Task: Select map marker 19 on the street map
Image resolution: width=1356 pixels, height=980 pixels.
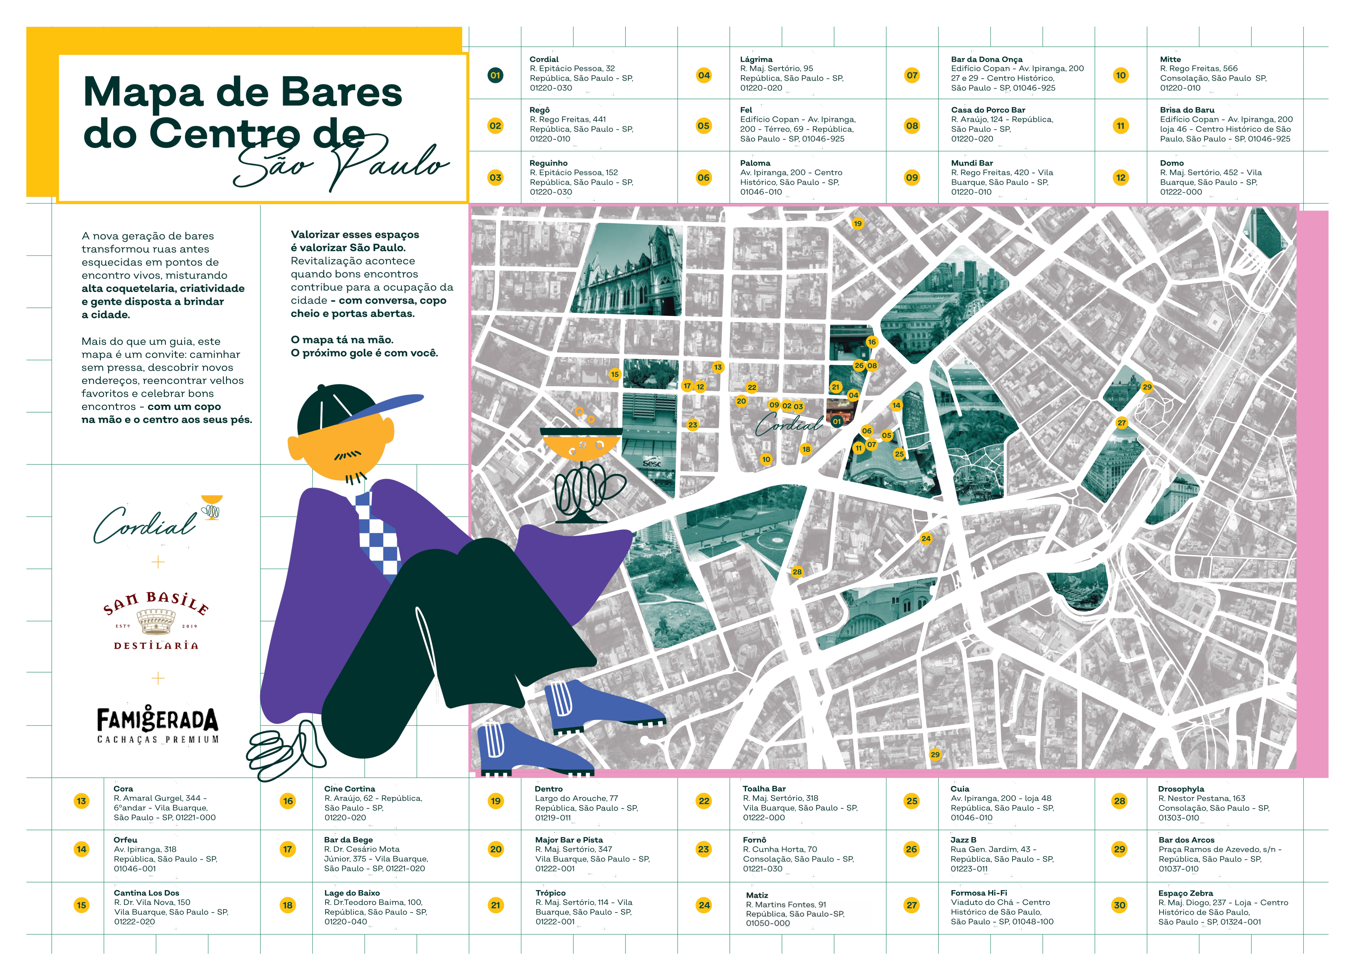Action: [x=857, y=224]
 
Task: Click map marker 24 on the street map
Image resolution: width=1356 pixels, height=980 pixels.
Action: [x=925, y=538]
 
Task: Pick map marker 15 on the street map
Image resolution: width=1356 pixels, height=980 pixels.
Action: [x=615, y=374]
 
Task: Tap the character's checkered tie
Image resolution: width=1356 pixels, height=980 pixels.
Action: [x=378, y=532]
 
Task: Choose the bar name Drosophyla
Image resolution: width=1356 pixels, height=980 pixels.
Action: [x=1181, y=789]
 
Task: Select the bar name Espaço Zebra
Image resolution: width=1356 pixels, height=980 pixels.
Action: [x=1185, y=893]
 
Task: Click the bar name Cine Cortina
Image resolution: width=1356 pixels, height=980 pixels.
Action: [x=350, y=789]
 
